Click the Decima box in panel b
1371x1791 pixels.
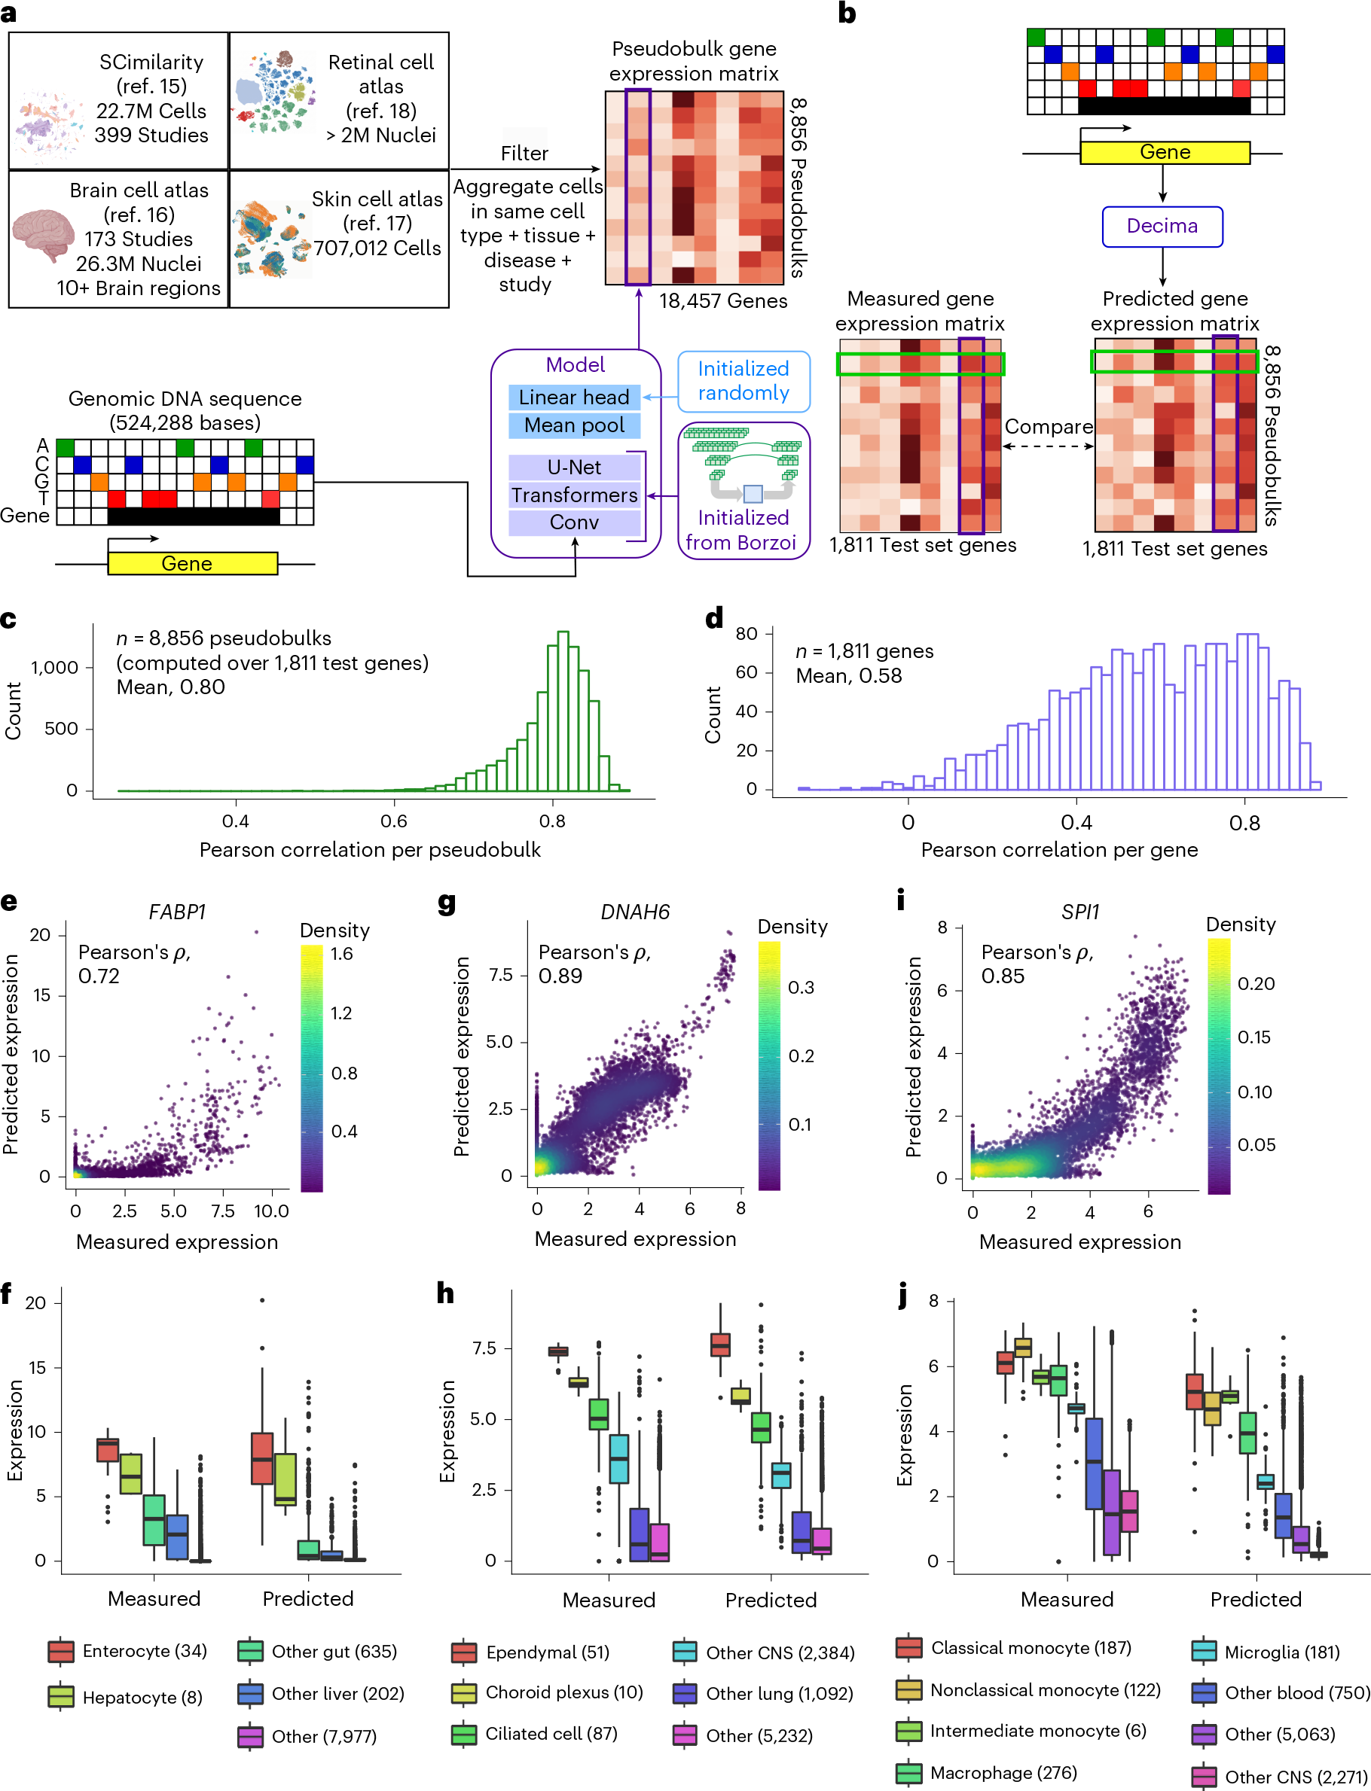[1162, 226]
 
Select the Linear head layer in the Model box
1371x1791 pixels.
[574, 397]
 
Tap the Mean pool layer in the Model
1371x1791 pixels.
[574, 425]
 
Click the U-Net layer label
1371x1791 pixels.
[574, 468]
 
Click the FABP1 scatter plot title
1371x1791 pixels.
[177, 912]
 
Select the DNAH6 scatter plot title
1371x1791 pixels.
[635, 912]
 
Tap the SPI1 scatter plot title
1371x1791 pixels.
[1079, 912]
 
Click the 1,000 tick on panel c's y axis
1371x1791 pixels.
[55, 667]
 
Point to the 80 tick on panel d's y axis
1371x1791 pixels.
[746, 634]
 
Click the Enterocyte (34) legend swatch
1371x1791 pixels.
[61, 1652]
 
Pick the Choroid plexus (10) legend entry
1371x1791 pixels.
[548, 1692]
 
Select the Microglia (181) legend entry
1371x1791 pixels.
[1266, 1652]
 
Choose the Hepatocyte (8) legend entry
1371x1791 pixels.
[126, 1697]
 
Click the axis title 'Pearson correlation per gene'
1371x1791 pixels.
[1059, 850]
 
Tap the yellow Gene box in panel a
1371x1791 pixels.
[193, 564]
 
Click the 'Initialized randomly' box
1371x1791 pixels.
[744, 382]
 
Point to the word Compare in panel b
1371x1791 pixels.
[1049, 427]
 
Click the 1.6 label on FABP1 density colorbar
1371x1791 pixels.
[341, 953]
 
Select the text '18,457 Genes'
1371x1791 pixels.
[723, 301]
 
